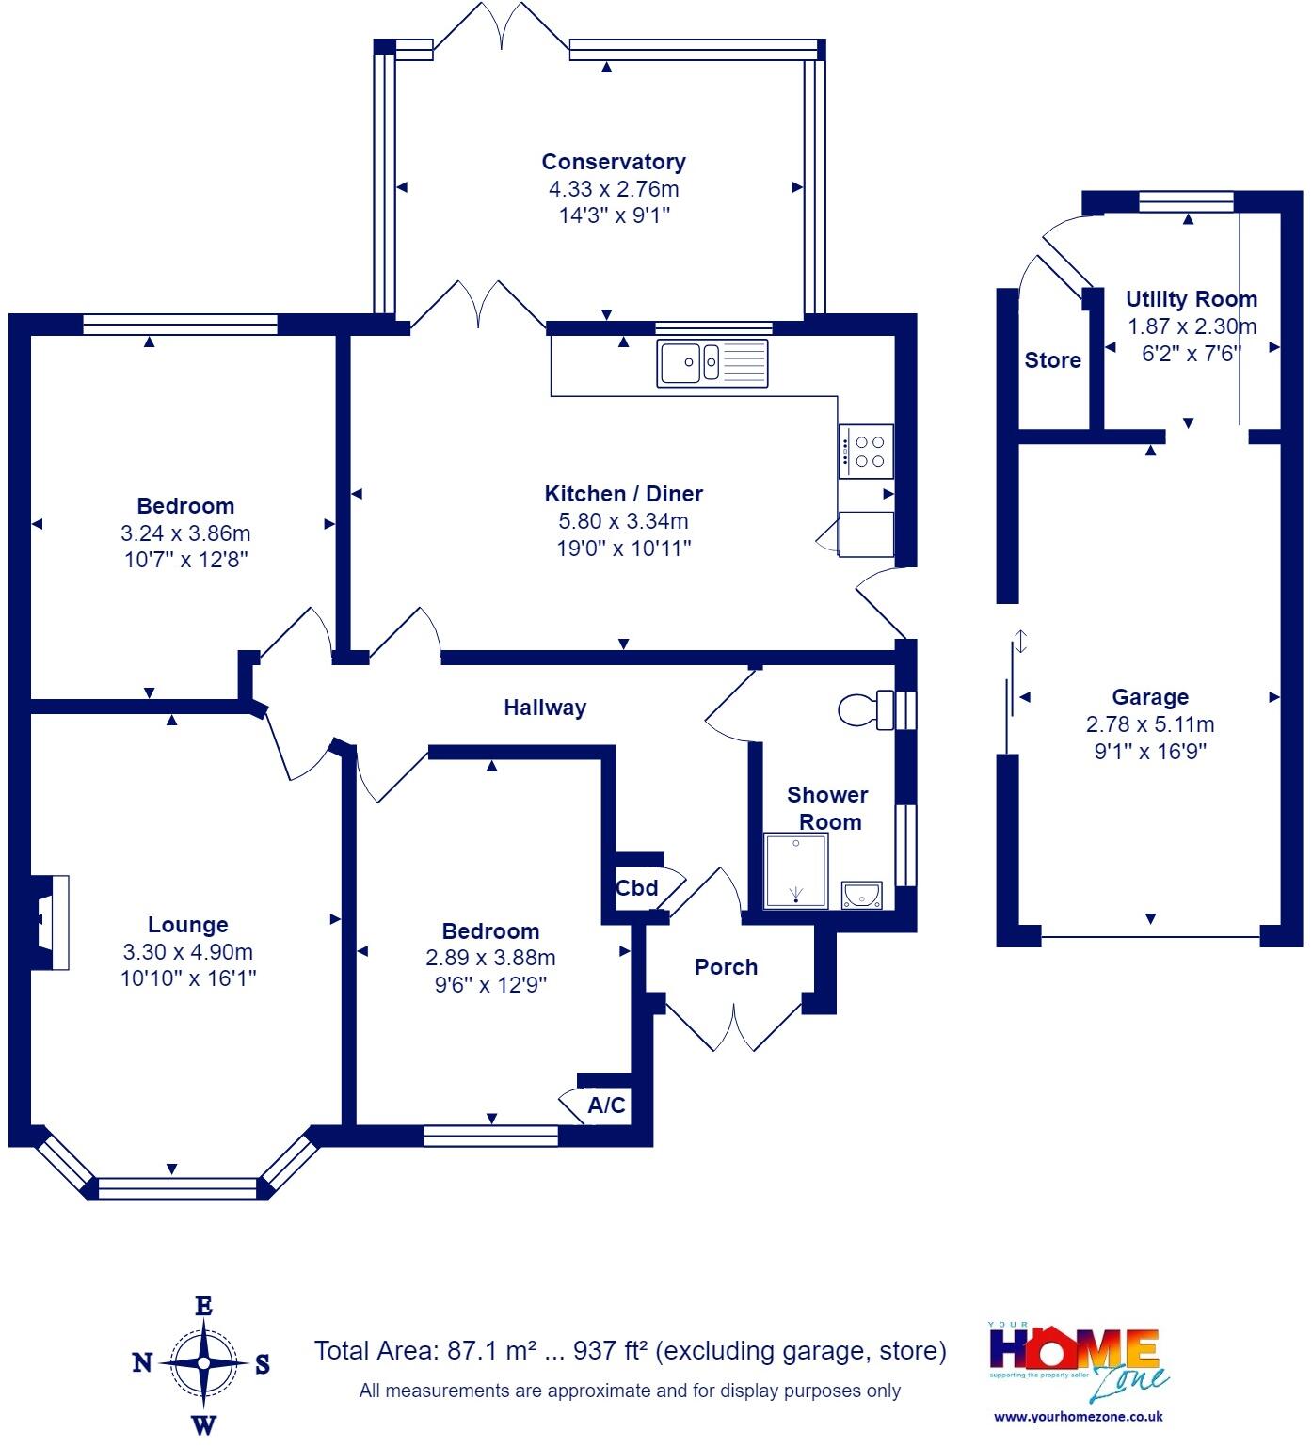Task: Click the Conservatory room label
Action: coord(614,162)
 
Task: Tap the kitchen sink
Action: coord(713,361)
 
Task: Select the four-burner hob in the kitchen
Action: coord(866,450)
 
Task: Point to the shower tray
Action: coord(796,871)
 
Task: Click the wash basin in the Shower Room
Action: coord(861,895)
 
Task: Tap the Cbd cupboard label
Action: coord(636,887)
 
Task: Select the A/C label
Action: coord(606,1105)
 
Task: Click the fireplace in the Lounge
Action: coord(51,922)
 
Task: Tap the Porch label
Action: coord(726,966)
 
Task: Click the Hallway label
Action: coord(545,708)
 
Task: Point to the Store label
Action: coord(1052,360)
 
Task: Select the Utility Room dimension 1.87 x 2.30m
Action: coord(1192,326)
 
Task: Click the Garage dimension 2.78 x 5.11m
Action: coord(1150,724)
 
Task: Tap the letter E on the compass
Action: coord(203,1306)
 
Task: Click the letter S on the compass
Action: coord(263,1363)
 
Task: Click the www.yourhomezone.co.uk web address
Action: coord(1079,1416)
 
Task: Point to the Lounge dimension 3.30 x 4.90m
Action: coord(188,951)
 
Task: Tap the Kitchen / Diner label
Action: coord(624,494)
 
